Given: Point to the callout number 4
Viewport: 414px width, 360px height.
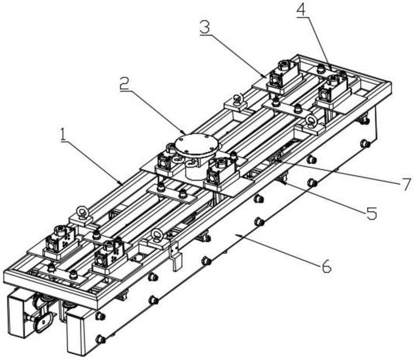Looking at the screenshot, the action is pos(302,10).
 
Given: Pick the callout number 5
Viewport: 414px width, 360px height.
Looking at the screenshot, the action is pos(372,213).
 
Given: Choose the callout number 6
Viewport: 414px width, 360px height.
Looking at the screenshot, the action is pos(326,266).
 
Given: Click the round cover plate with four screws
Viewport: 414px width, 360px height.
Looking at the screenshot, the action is pos(197,143).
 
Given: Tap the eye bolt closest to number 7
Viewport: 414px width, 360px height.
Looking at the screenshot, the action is pos(312,121).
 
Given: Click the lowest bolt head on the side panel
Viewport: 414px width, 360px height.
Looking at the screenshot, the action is pos(100,339).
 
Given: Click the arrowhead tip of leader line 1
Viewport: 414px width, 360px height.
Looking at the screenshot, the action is pos(122,184).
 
